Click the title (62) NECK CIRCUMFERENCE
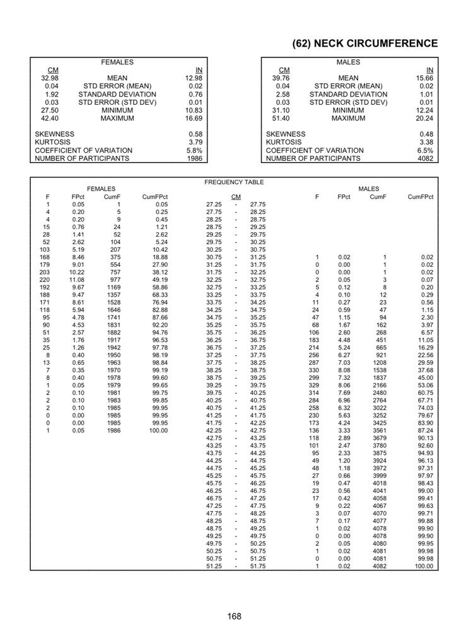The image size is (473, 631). coord(365,44)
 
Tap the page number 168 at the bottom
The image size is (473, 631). coord(235,616)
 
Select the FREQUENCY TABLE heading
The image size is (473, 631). coord(234,182)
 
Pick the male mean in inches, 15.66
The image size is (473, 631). coord(425,78)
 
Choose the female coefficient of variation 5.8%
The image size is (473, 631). coord(194,151)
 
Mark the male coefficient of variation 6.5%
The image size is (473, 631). coord(425,151)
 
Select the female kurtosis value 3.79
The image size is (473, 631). coord(195,143)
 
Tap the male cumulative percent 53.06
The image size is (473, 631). coord(426,386)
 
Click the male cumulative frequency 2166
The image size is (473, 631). coord(378,386)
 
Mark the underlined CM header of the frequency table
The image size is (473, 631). coord(236,197)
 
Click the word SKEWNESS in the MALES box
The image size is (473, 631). coord(286,134)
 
